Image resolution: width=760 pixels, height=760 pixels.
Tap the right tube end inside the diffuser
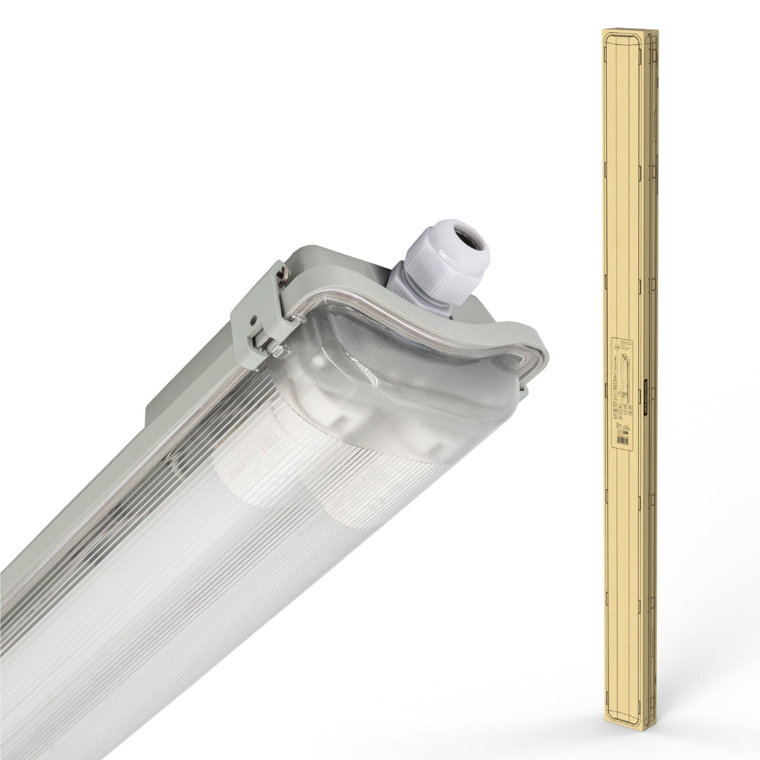(x=351, y=495)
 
